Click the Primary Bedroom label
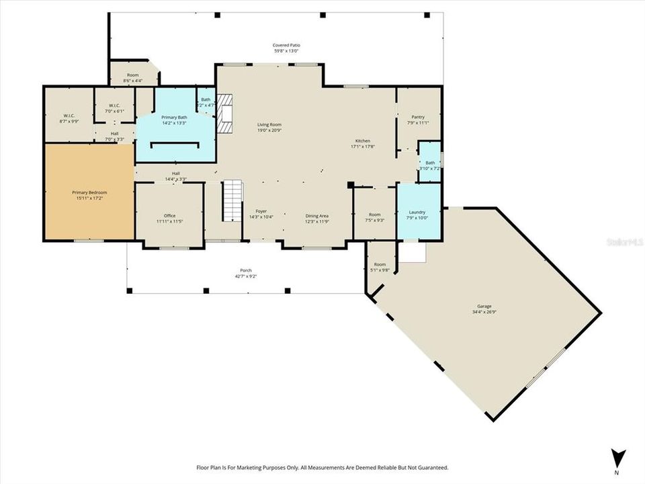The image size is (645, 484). tap(89, 192)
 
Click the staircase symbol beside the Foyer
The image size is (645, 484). tap(232, 200)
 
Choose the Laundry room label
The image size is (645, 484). tap(417, 212)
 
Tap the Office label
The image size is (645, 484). tap(169, 215)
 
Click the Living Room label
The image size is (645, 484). tap(269, 124)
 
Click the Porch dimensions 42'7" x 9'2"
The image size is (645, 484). tap(245, 276)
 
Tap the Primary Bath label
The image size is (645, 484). tap(174, 118)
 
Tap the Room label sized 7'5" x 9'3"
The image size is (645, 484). tap(375, 215)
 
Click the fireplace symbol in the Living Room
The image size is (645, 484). tap(227, 113)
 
